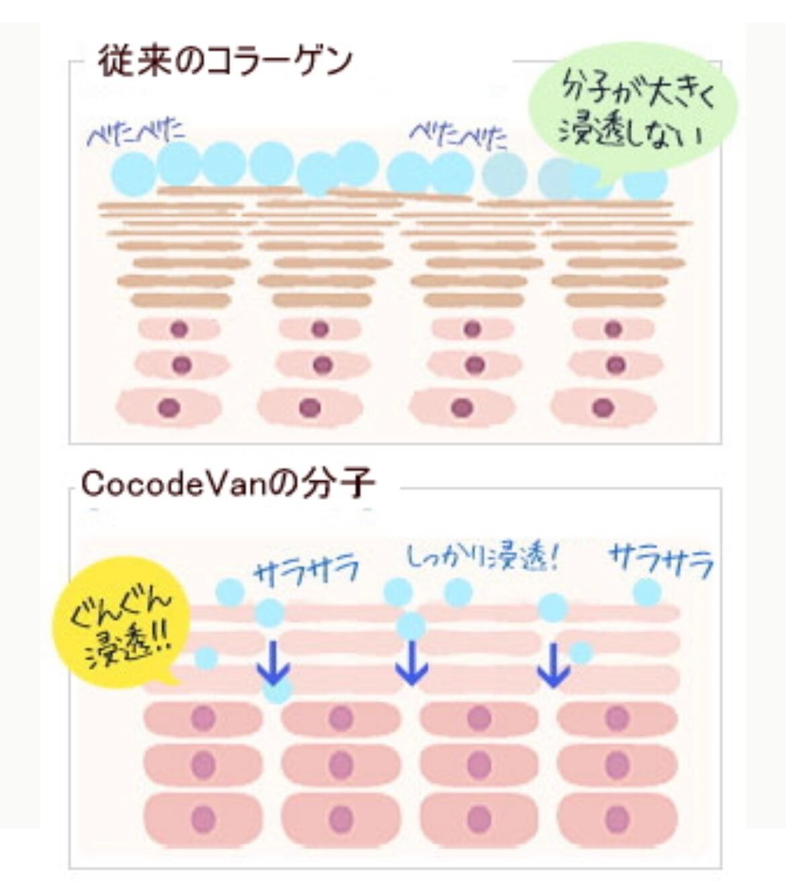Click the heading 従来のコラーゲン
[225, 61]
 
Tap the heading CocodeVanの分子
[227, 484]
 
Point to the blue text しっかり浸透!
[483, 558]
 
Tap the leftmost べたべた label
[136, 133]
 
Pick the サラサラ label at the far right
[660, 562]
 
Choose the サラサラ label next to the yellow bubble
[306, 572]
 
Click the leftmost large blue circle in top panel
[134, 173]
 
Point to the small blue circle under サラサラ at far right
[647, 592]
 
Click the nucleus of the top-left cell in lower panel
[202, 718]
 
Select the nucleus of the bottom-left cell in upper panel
[168, 407]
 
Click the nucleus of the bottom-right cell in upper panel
[603, 407]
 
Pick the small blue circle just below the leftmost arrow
[278, 689]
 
